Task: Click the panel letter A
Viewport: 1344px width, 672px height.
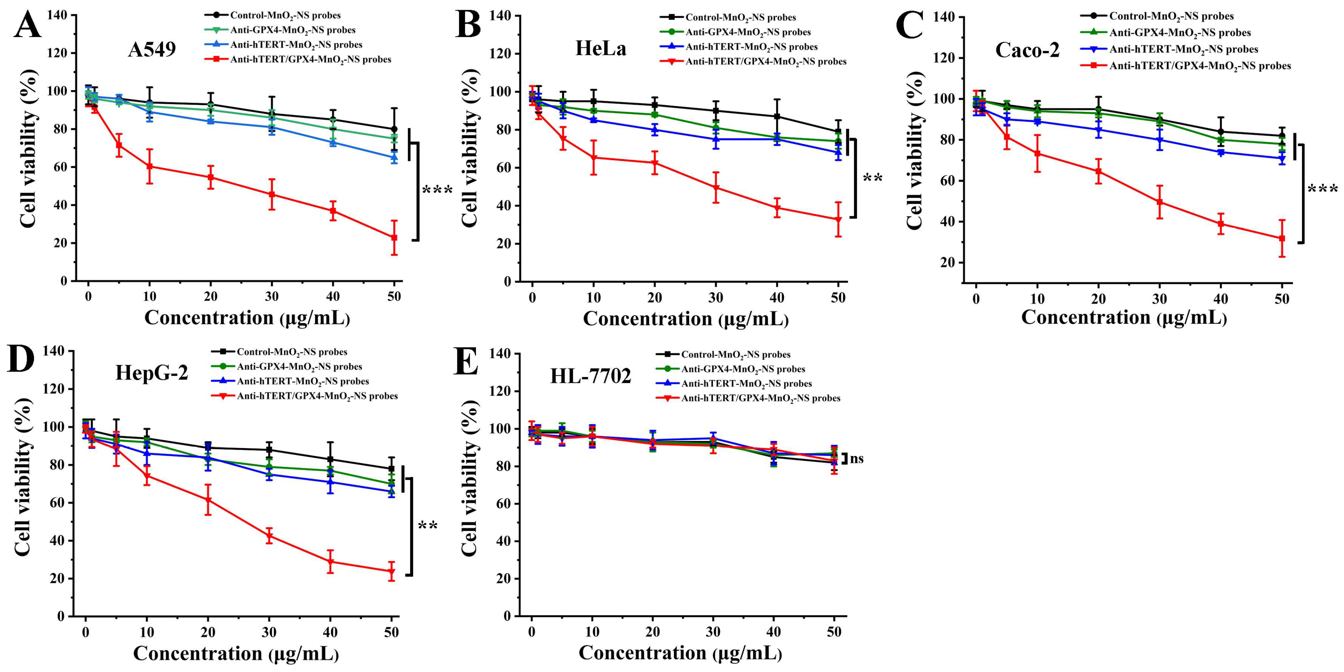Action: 27,25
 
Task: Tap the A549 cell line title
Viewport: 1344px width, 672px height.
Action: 152,50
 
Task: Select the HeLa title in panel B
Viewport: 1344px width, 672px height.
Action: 601,48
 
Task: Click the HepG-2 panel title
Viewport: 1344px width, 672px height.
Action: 151,373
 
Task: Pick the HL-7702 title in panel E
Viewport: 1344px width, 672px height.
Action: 590,376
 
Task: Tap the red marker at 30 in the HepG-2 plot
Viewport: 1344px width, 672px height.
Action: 269,536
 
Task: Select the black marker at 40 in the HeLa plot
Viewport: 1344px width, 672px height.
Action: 777,116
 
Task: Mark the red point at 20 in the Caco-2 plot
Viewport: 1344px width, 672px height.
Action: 1098,171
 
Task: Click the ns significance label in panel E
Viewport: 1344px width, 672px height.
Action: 857,459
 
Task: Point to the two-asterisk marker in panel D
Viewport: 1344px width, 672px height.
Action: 428,526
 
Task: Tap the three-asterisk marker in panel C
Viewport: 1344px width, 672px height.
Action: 1322,189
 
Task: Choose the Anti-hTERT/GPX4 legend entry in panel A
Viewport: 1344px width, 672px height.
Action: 310,60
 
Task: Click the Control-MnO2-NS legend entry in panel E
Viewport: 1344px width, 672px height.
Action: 736,354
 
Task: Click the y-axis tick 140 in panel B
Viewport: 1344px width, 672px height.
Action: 500,16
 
